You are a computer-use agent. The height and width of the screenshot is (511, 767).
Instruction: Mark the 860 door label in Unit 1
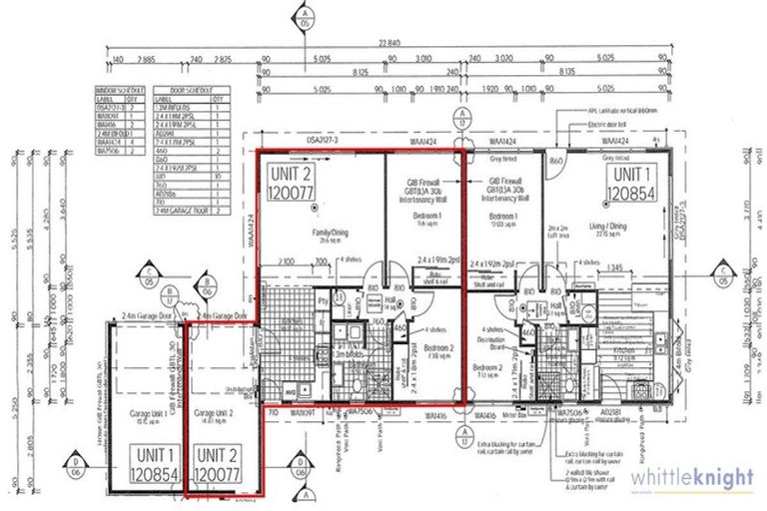tap(556, 160)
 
